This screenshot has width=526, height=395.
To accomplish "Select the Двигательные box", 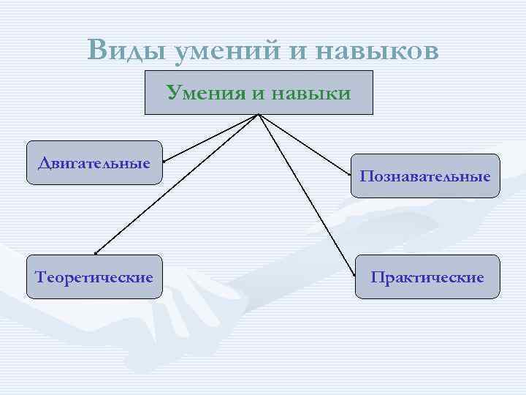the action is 94,162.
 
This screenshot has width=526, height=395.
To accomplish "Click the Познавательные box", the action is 425,176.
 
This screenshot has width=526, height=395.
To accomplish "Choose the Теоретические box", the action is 94,276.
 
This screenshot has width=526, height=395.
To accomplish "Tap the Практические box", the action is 427,276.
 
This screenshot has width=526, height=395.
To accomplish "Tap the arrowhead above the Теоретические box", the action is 96,252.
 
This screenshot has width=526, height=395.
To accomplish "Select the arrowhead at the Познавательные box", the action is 350,173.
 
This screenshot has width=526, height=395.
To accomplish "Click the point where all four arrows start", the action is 259,116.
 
